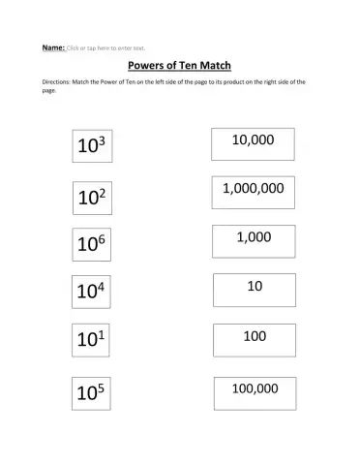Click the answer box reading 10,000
click(253, 143)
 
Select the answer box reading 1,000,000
click(253, 192)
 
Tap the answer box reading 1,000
click(254, 240)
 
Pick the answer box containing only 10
click(255, 290)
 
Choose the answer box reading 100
click(255, 339)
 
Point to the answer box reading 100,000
click(255, 391)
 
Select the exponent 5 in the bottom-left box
click(101, 385)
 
